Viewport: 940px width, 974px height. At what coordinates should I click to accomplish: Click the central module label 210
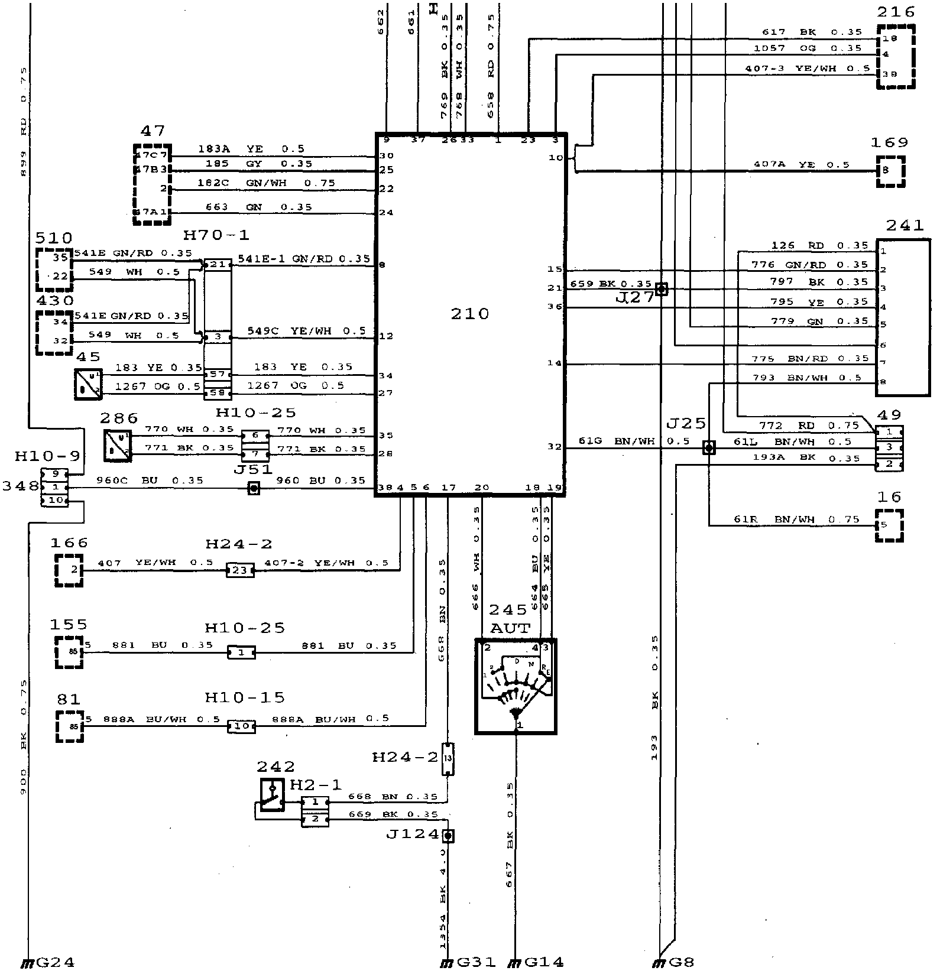pos(470,313)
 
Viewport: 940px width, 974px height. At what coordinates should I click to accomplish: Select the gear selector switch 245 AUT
pos(516,686)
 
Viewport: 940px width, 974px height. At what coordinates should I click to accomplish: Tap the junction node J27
pos(662,289)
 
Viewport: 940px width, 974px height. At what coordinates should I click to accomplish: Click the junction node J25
pos(708,447)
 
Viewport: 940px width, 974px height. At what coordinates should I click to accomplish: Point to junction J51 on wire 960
pos(254,488)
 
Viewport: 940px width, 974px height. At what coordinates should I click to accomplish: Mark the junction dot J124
pos(448,836)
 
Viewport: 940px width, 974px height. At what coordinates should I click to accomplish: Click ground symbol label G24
pos(55,962)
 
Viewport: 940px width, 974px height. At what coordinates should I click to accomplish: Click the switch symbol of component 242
pos(272,795)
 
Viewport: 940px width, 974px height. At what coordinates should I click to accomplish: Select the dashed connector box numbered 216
pos(896,57)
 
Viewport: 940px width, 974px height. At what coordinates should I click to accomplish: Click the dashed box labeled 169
pos(891,171)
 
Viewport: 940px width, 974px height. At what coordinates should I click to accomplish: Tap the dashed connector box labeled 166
pos(69,570)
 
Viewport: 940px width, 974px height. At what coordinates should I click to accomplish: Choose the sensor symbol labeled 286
pos(117,445)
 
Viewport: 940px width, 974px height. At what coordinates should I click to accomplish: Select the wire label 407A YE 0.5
pos(801,164)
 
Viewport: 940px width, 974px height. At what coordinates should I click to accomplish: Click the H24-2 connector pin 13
pos(448,759)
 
